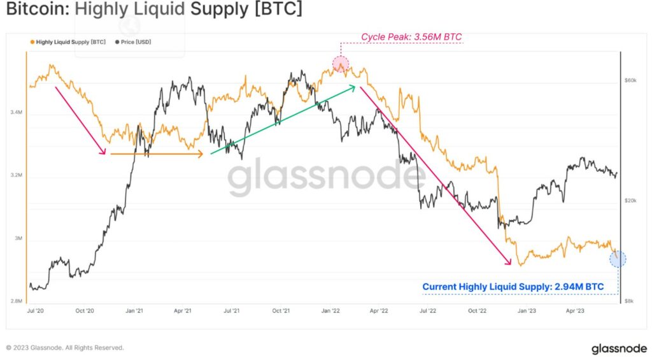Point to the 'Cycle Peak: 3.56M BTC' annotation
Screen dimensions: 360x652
(x=411, y=37)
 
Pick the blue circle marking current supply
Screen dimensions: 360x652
(x=617, y=259)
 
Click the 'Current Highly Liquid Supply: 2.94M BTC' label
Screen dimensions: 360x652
(x=513, y=287)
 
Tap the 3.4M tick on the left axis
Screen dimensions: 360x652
(x=17, y=113)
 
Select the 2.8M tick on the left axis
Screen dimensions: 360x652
(x=17, y=301)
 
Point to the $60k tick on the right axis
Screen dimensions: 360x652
(x=630, y=81)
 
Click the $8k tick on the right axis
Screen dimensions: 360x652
(x=629, y=300)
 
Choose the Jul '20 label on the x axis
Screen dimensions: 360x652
(x=36, y=311)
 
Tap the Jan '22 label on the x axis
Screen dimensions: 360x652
(x=330, y=311)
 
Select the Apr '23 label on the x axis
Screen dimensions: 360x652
(x=575, y=311)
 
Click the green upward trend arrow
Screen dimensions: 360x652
(x=283, y=120)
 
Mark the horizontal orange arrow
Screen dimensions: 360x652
(x=156, y=154)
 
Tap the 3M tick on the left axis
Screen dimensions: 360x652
(x=18, y=239)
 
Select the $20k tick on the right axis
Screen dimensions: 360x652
(x=630, y=201)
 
